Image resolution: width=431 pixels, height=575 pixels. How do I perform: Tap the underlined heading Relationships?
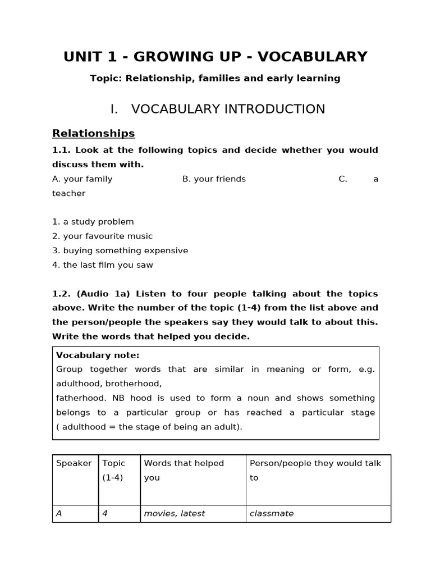pos(93,133)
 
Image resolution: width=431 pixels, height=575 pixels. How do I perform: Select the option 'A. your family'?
pos(82,179)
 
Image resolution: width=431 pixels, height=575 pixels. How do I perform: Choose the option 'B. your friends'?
pos(214,179)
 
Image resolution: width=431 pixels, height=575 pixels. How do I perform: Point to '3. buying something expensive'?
pos(120,250)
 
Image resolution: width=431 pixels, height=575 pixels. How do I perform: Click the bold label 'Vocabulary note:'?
pos(98,355)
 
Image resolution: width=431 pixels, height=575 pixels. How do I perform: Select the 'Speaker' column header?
pos(74,463)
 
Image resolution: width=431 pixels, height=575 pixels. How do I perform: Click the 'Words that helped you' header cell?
pos(184,470)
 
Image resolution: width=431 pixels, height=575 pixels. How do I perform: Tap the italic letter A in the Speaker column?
pos(59,513)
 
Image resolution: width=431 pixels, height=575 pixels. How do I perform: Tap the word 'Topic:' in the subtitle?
pos(106,78)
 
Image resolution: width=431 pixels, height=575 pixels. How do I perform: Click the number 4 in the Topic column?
pos(105,513)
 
